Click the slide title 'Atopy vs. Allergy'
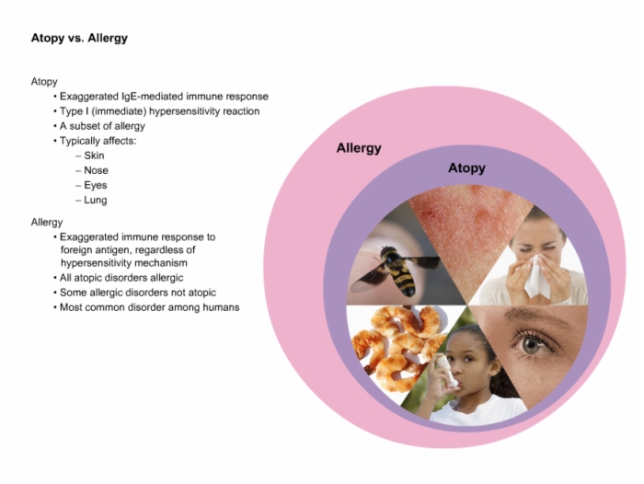pos(79,39)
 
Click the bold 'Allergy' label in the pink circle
pos(359,148)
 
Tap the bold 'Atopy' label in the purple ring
pos(466,168)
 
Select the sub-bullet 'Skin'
pos(94,156)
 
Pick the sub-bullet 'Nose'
pos(96,170)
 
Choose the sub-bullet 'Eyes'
pos(96,185)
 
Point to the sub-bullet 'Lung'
pos(96,200)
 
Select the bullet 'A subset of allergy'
pos(102,126)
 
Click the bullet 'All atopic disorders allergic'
pos(121,278)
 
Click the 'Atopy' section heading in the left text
pos(44,82)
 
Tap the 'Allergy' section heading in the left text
pos(47,223)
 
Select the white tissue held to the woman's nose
pos(536,276)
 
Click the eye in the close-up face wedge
pos(531,345)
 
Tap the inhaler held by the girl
pos(447,371)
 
